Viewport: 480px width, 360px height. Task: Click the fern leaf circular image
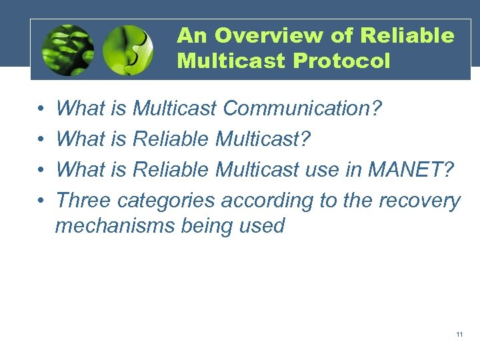pyautogui.click(x=67, y=49)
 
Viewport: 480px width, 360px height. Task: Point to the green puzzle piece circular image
pyautogui.click(x=128, y=49)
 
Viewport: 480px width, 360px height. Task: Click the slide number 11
pyautogui.click(x=459, y=334)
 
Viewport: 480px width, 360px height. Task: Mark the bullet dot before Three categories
pyautogui.click(x=41, y=201)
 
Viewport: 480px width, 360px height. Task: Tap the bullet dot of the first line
pyautogui.click(x=41, y=109)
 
